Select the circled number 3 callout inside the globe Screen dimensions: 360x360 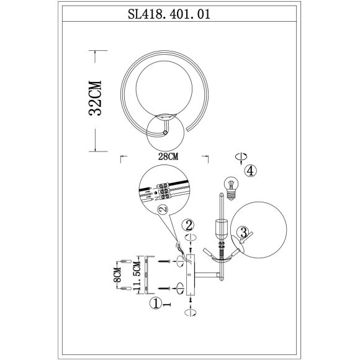(x=244, y=233)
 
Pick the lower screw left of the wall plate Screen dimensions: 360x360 (x=166, y=288)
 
